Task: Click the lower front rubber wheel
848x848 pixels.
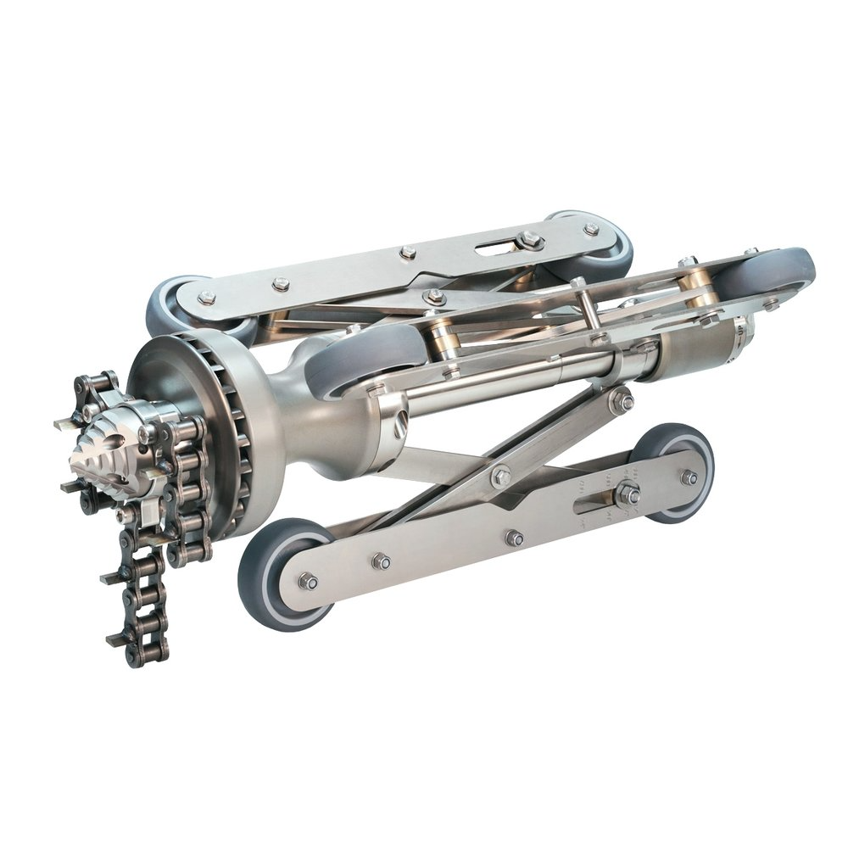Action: pyautogui.click(x=280, y=577)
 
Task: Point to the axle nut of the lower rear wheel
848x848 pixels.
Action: pyautogui.click(x=689, y=477)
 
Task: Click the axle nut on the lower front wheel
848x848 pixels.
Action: pyautogui.click(x=307, y=582)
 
